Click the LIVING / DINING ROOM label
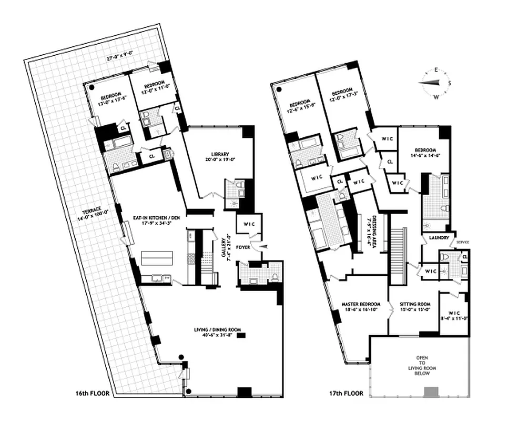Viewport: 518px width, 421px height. [216, 332]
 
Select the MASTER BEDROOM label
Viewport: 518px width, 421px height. [358, 307]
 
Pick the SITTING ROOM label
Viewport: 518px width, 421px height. [415, 307]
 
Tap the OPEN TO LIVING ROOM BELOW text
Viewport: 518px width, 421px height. [422, 364]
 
